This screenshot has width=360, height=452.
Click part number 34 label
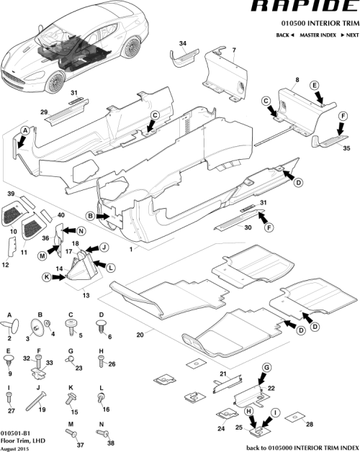(x=182, y=44)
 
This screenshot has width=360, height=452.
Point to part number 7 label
(x=233, y=50)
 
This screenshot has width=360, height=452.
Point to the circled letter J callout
(x=103, y=247)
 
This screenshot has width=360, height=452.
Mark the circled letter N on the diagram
(x=81, y=230)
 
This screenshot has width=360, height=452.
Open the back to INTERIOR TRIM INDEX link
(x=302, y=447)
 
